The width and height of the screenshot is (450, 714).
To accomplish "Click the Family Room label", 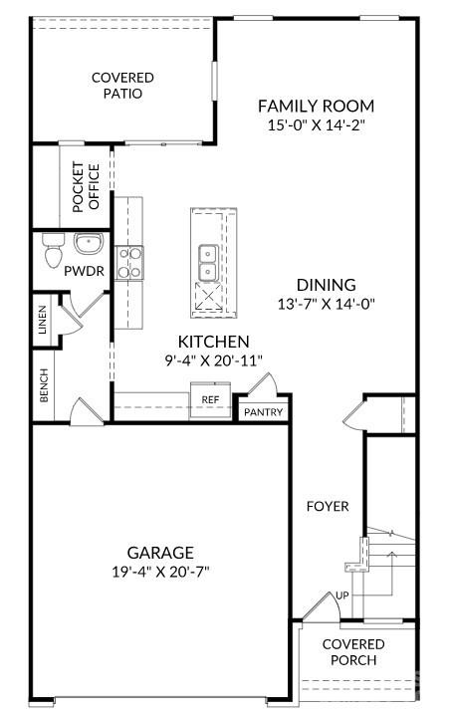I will [x=316, y=106].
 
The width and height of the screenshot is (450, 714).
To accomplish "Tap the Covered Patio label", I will [x=122, y=86].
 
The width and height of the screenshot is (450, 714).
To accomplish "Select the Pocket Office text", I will [x=87, y=186].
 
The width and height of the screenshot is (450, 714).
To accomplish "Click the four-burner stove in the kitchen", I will [x=129, y=263].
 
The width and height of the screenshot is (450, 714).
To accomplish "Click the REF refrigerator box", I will [x=210, y=398].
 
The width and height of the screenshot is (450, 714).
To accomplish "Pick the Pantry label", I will [x=263, y=412].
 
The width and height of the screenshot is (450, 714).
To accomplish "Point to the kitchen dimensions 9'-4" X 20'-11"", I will [x=214, y=360].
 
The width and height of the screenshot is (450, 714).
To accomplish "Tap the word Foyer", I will [x=328, y=506].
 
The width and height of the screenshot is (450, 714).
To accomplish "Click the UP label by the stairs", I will [x=341, y=595].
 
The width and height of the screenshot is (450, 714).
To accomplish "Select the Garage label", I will [x=159, y=552].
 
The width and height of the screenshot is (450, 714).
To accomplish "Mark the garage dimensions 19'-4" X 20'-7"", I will [x=159, y=572].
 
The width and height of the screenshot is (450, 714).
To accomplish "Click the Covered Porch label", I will [x=353, y=652].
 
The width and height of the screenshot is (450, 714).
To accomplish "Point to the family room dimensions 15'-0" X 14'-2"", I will [x=316, y=126].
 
